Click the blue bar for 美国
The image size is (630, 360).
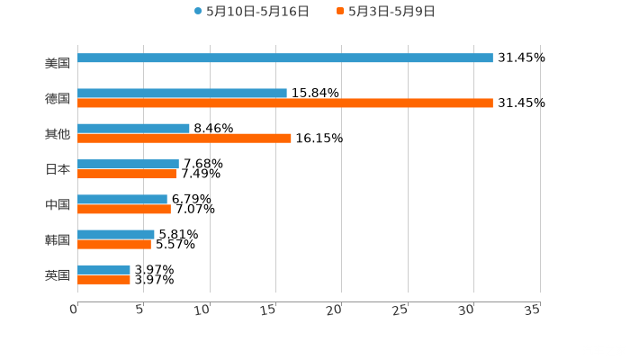(x=284, y=58)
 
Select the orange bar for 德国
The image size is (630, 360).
(x=284, y=103)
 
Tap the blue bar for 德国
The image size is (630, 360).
(x=182, y=93)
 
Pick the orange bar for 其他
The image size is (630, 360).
(x=184, y=139)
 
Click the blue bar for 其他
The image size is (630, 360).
(x=133, y=128)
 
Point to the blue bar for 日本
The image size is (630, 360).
(x=128, y=164)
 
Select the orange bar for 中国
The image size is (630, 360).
(x=123, y=210)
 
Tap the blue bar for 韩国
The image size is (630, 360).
(x=115, y=234)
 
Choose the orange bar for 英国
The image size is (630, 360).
(x=103, y=280)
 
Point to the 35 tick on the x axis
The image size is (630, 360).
(x=532, y=310)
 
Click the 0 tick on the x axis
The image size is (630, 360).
(x=74, y=310)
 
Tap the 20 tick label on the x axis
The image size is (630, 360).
(x=335, y=310)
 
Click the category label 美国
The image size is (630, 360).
(x=58, y=63)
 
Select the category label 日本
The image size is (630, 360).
(x=58, y=169)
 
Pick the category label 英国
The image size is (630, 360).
(x=58, y=274)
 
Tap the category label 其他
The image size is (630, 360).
(x=58, y=133)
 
